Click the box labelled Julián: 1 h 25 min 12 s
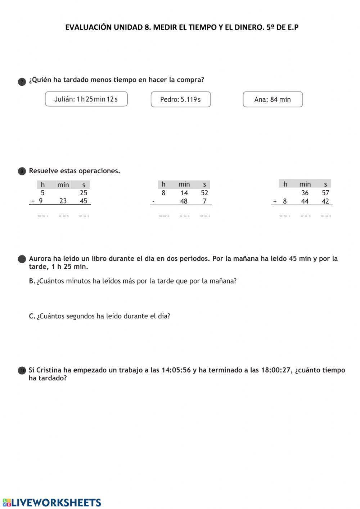(86, 99)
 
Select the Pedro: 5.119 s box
(180, 99)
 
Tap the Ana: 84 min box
(273, 99)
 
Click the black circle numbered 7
(22, 82)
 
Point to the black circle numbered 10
(22, 370)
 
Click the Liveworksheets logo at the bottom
(52, 502)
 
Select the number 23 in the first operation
(63, 201)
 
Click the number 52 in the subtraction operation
(204, 193)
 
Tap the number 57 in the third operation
(325, 193)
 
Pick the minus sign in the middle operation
(153, 201)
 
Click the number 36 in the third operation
(305, 193)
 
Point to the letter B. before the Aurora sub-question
(32, 281)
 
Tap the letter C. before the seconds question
(32, 316)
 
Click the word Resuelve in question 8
(43, 171)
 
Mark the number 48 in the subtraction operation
(184, 201)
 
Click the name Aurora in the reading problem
(40, 258)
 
